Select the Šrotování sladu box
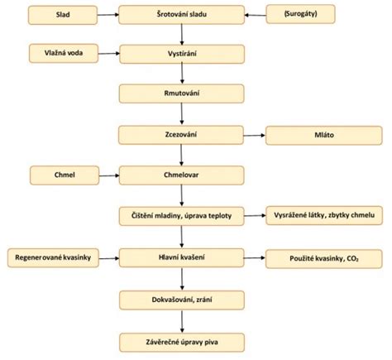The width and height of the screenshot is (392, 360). (183, 15)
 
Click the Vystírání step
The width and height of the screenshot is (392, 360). (183, 55)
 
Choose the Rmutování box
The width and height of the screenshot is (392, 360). (183, 94)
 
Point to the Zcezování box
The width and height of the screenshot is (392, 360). (183, 134)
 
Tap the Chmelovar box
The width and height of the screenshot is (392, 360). (183, 174)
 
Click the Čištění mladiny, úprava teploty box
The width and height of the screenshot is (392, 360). (183, 215)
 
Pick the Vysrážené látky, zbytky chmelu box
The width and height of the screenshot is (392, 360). (318, 215)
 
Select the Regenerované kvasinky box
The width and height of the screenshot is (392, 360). (55, 258)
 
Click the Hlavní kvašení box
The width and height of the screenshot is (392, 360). (183, 258)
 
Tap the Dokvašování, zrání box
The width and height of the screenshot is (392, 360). (183, 299)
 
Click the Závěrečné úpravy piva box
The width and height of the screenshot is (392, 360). (183, 338)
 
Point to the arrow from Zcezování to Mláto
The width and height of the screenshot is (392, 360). (255, 134)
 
